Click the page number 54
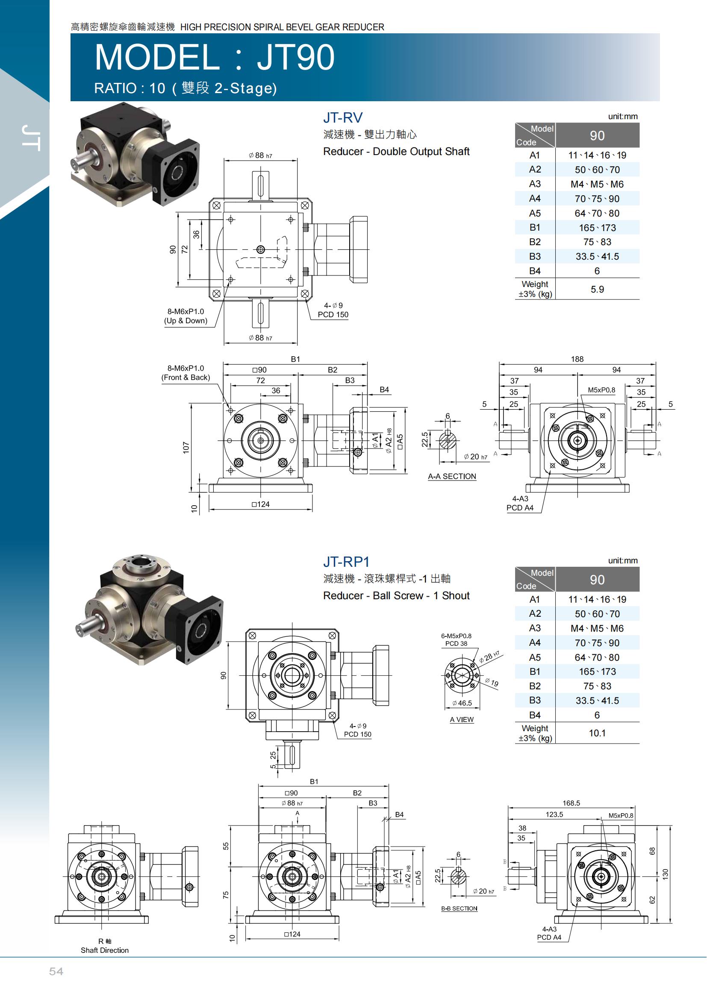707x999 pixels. coord(56,971)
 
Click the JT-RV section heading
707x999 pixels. coord(343,117)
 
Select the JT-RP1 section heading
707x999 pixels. coord(346,562)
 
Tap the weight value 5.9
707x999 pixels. coord(597,289)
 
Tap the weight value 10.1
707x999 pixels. coord(597,733)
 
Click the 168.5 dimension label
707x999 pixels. coord(571,803)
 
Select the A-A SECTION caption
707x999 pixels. coord(452,477)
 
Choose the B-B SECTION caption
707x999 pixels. coord(459,908)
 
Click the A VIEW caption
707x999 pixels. coord(462,720)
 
